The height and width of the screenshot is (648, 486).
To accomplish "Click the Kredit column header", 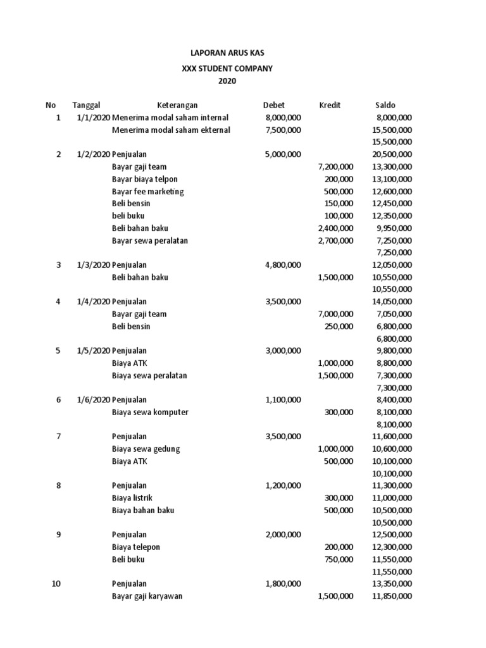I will (330, 105).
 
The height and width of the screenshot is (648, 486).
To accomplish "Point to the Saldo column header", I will (385, 105).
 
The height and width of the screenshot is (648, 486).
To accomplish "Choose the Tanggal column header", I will (87, 105).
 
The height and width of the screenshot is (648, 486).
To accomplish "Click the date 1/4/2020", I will (94, 302).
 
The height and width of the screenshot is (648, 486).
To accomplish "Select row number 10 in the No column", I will (57, 584).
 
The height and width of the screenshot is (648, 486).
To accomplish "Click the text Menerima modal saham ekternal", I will (171, 130).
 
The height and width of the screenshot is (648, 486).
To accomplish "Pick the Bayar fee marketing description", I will (148, 192).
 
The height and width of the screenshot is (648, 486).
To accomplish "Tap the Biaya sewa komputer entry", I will (150, 413).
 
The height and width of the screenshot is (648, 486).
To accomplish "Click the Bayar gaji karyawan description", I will (147, 597).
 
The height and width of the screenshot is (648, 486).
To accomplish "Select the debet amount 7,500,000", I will (283, 130).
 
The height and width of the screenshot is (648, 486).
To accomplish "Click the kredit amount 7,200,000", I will (335, 167).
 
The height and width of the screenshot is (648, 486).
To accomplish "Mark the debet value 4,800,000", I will (283, 265).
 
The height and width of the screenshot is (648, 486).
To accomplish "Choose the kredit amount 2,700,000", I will (335, 241).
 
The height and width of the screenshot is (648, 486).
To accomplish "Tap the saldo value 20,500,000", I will (392, 154).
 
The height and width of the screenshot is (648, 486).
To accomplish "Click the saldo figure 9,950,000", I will (394, 228).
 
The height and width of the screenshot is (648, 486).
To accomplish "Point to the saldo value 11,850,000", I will (392, 597).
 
